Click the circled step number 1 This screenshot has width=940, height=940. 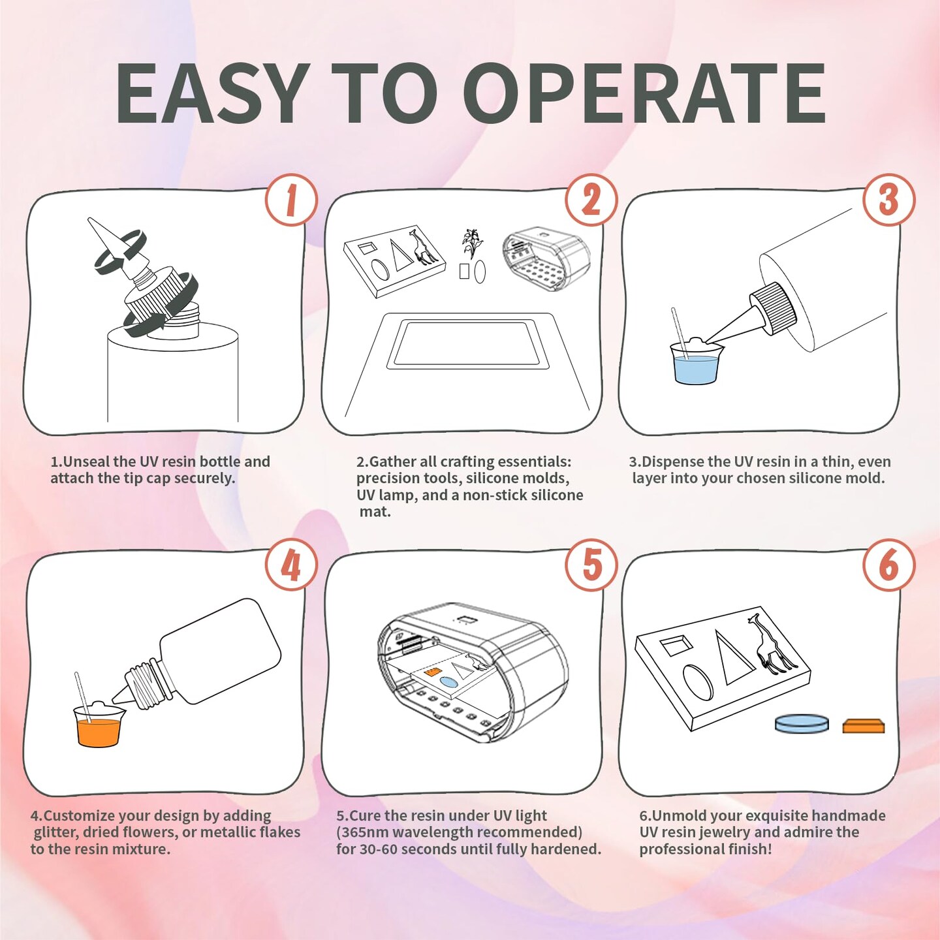click(x=291, y=200)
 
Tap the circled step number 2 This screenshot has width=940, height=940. click(x=591, y=200)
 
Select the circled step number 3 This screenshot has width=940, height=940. click(x=888, y=200)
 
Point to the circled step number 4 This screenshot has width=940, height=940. click(x=291, y=565)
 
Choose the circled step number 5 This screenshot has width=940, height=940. click(x=591, y=565)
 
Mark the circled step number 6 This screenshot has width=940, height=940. click(x=888, y=565)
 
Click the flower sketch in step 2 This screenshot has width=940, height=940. click(x=471, y=243)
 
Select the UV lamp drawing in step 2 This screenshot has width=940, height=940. click(x=546, y=258)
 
